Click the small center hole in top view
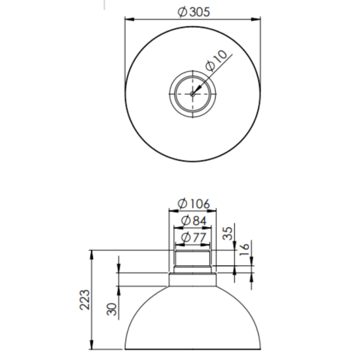(192, 93)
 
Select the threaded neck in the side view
(192, 261)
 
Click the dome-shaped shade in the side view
(192, 321)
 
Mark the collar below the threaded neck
(192, 279)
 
